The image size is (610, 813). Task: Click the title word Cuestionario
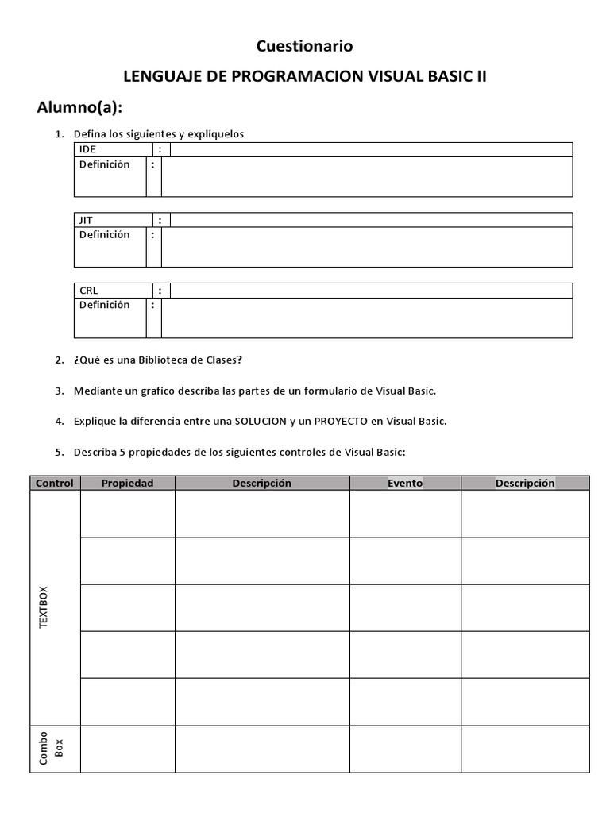click(x=304, y=47)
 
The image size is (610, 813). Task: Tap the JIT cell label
click(x=86, y=220)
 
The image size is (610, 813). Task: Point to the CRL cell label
click(x=88, y=291)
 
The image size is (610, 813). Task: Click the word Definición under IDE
click(x=104, y=164)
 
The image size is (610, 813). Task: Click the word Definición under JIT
click(x=104, y=235)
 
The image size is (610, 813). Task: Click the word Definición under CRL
click(x=104, y=305)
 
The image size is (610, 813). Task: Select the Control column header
click(x=55, y=483)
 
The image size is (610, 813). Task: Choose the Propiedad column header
click(x=127, y=483)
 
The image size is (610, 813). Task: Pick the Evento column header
click(x=405, y=483)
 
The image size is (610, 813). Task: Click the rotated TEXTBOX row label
click(x=44, y=608)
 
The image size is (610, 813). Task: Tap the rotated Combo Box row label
click(x=49, y=749)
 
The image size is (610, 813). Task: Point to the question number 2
click(x=59, y=360)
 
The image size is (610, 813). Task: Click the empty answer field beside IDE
click(x=371, y=149)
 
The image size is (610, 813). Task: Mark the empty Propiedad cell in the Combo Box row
click(x=127, y=749)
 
